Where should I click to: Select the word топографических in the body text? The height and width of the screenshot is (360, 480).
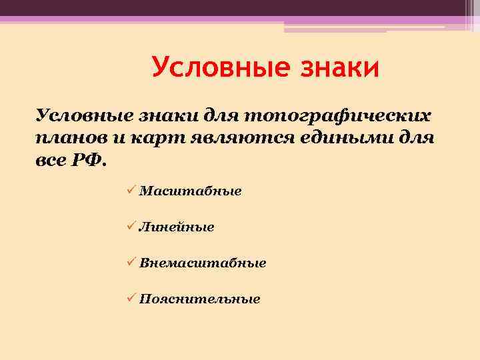point(347,117)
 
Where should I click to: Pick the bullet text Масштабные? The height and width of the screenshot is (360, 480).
point(190,191)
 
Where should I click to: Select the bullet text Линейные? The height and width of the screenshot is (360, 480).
point(177,227)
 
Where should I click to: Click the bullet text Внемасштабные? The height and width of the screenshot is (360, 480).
point(203,263)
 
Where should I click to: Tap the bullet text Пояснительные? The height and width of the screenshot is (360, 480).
point(199,299)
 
